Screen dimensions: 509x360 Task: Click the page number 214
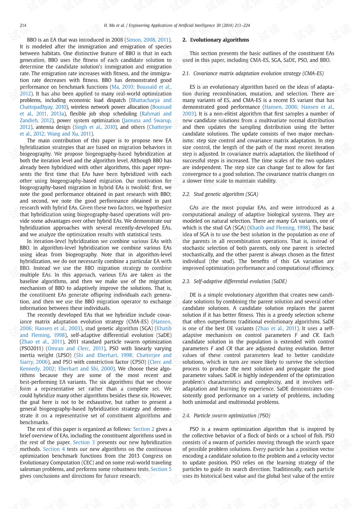tap(23, 26)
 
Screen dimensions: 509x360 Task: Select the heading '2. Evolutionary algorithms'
tap(216, 40)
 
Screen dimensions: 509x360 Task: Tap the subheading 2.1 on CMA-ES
tap(253, 74)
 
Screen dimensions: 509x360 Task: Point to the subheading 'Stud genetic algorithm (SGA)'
tap(226, 194)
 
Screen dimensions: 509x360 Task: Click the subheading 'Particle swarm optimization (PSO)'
tap(232, 416)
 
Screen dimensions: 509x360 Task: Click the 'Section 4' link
tap(54, 449)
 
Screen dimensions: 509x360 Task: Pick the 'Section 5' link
tap(161, 469)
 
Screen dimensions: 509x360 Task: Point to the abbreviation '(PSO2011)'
tap(32, 348)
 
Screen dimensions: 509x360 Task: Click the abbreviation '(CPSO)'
tap(137, 362)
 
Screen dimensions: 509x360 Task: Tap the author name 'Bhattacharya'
tap(145, 101)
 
